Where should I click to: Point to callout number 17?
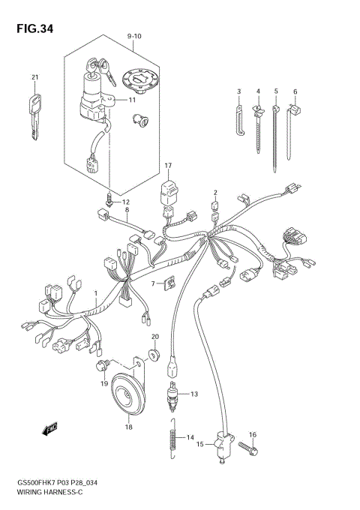[x=169, y=165]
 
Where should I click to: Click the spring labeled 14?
[x=172, y=439]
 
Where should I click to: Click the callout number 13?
[x=193, y=394]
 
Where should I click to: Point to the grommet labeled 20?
[x=155, y=354]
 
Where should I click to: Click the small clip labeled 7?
[x=169, y=283]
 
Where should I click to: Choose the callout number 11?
[x=131, y=100]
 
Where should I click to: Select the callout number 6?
[x=295, y=92]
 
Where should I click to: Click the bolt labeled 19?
[x=99, y=365]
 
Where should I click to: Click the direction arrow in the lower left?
[x=51, y=429]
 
